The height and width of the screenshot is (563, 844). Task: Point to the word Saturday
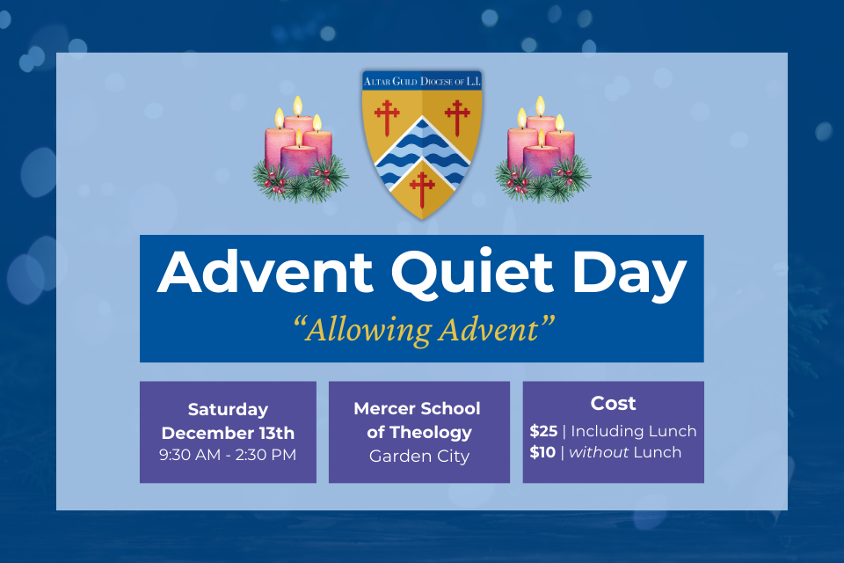[x=228, y=409]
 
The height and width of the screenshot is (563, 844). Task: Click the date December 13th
[x=228, y=433]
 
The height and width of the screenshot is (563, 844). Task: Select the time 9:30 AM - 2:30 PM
[x=228, y=455]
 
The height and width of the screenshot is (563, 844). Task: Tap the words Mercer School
[x=418, y=409]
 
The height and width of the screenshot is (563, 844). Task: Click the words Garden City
[x=419, y=456]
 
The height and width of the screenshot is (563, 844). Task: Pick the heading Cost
[x=613, y=404]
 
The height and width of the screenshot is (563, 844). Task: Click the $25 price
[x=542, y=431]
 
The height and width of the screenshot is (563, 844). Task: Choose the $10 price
[x=542, y=453]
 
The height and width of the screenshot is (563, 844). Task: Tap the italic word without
[x=598, y=453]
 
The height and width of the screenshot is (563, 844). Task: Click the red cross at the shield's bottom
[x=423, y=187]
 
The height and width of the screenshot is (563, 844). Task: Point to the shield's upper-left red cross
[x=386, y=116]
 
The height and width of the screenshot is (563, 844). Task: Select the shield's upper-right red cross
[x=457, y=116]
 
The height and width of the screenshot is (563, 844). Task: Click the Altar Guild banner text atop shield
[x=422, y=81]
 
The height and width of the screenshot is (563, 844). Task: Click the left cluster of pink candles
[x=299, y=150]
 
